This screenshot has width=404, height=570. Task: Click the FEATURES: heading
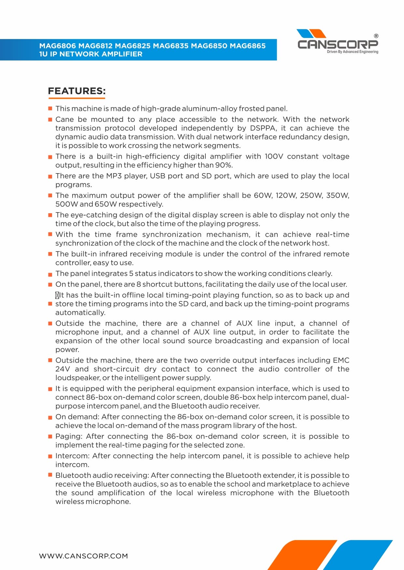click(77, 91)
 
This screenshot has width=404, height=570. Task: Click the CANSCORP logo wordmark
click(338, 44)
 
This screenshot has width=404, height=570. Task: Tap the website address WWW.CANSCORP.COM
click(83, 556)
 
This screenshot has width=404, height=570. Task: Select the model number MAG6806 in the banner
click(57, 46)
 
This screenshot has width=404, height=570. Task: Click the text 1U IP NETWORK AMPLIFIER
click(91, 54)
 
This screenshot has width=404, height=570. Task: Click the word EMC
click(341, 360)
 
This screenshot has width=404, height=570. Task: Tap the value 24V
click(63, 369)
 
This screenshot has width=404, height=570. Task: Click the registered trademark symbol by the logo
click(376, 36)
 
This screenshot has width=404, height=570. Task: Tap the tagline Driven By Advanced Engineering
click(353, 52)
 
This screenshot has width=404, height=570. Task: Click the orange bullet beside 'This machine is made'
click(50, 109)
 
